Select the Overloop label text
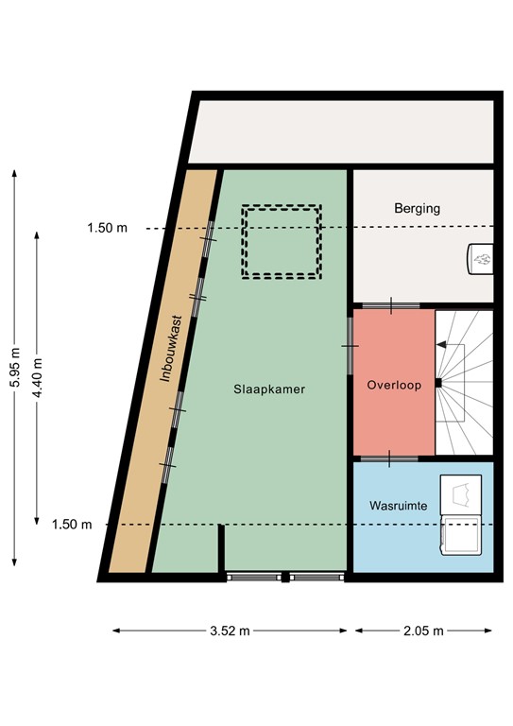tap(393, 386)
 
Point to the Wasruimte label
tap(398, 507)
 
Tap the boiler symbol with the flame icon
tap(481, 256)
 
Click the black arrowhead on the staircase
tap(441, 347)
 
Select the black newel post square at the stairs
tap(438, 383)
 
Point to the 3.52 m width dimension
tap(231, 631)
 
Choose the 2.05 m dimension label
tap(423, 631)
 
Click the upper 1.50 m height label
tap(107, 228)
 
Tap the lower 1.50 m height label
tap(72, 525)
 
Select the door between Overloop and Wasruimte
tap(391, 458)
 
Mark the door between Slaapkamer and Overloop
tap(351, 345)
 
